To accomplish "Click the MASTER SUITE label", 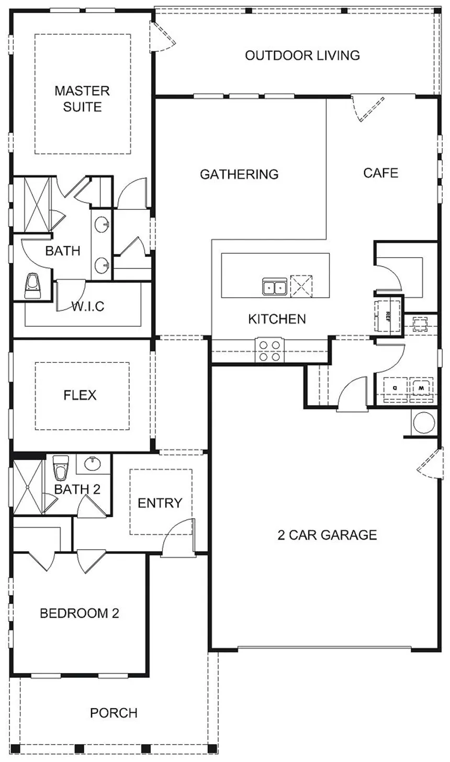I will [x=82, y=99].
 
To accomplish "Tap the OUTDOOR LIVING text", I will [x=302, y=55].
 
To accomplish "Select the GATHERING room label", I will [x=239, y=174].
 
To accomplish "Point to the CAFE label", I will [x=381, y=173].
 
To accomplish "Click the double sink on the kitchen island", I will [x=274, y=287].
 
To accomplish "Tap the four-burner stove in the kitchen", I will [x=269, y=351].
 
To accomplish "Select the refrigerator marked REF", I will [x=388, y=316].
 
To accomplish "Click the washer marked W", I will [x=420, y=388].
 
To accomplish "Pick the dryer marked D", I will [x=395, y=388].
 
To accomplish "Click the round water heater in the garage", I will [x=424, y=423].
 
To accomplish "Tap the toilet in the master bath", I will [x=32, y=286].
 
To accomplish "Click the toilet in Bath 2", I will [x=61, y=467].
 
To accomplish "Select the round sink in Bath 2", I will [x=93, y=463].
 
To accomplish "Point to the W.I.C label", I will [x=87, y=306].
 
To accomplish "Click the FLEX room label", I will [x=80, y=395].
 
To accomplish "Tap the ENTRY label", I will [x=160, y=503].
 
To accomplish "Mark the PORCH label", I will [x=114, y=713].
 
